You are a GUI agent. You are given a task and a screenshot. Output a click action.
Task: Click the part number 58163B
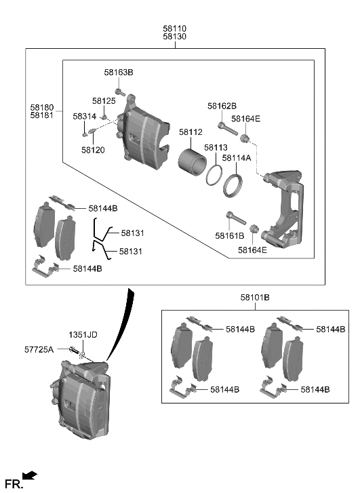pos(119,72)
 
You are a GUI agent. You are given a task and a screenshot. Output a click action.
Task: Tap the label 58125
pos(104,101)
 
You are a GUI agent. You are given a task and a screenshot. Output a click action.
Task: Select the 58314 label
pos(85,116)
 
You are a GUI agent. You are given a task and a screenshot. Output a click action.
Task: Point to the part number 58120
pos(92,150)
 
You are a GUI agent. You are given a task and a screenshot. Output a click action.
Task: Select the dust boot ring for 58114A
pos(234,184)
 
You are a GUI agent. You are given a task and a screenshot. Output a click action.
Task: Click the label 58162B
pos(222,106)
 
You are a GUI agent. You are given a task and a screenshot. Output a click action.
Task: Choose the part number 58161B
pos(229,235)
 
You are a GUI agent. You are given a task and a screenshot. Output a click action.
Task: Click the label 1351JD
pos(83,335)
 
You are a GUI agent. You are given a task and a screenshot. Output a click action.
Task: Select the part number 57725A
pos(39,349)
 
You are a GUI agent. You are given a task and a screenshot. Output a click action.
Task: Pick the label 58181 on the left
pos(41,116)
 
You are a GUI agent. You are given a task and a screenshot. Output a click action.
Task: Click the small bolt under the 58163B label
pos(119,92)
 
